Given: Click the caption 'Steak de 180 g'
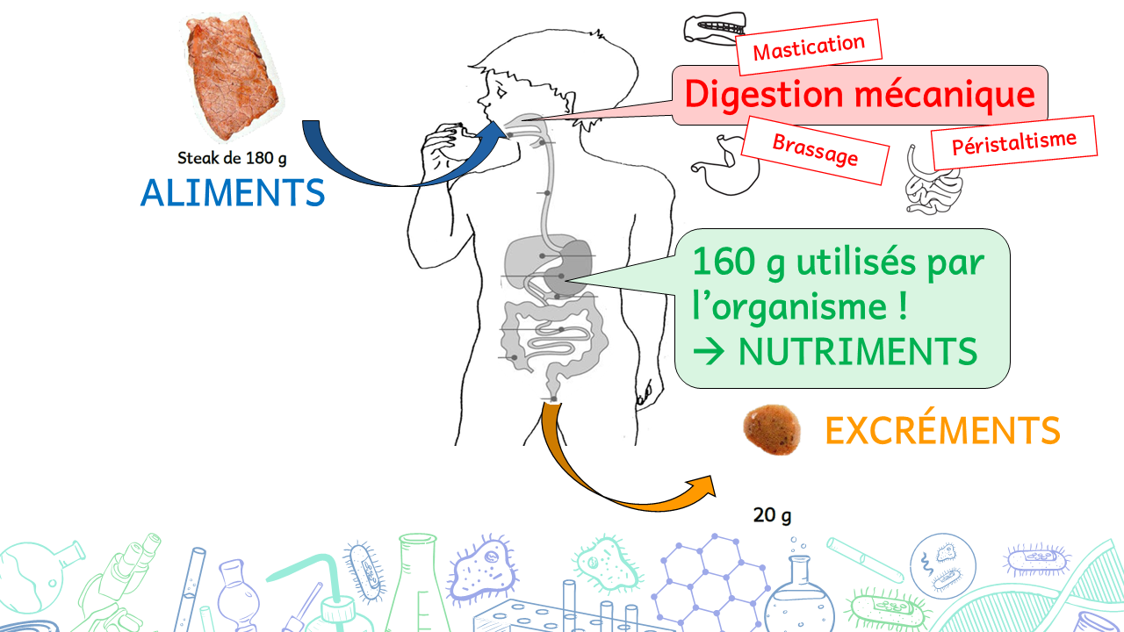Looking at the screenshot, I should tap(232, 159).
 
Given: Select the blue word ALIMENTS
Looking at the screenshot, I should tap(233, 193).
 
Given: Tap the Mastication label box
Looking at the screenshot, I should tap(808, 47).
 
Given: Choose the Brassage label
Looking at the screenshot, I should tap(814, 150).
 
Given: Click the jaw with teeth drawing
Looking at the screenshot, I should tap(712, 28).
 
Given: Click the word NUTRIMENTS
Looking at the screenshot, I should tap(857, 352).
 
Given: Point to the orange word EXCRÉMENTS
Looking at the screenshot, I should tap(942, 431).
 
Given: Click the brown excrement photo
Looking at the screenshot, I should tap(772, 430).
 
